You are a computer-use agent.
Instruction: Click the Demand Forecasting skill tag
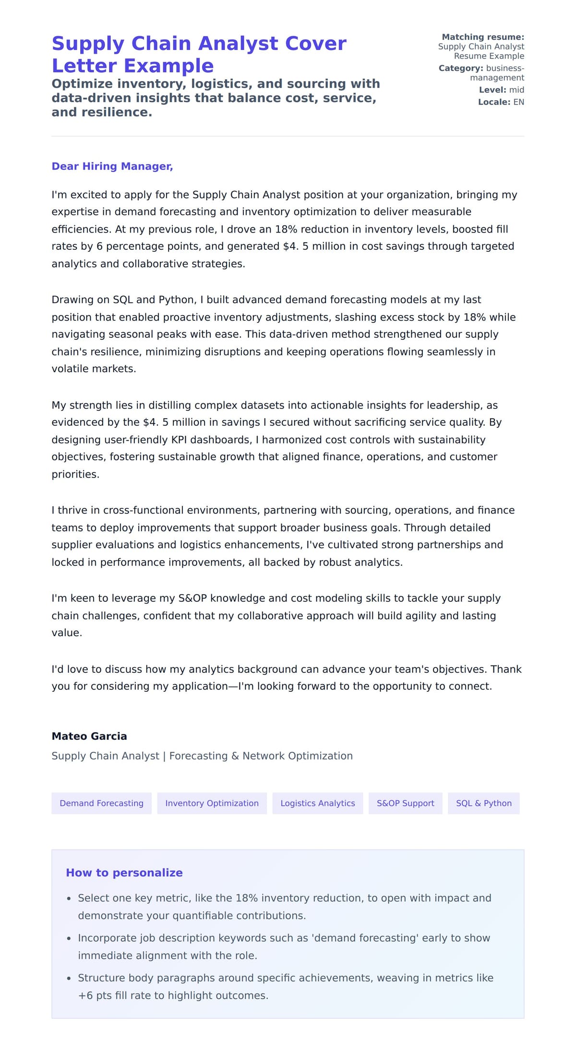click(101, 803)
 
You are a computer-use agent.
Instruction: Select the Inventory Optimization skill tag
click(212, 803)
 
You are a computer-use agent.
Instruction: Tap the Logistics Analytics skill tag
click(317, 803)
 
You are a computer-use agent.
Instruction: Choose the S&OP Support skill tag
click(405, 803)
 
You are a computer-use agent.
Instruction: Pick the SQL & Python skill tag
click(483, 803)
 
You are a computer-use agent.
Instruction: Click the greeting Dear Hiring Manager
click(112, 166)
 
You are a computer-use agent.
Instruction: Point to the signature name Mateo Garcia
click(89, 736)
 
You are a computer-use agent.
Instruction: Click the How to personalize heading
click(124, 873)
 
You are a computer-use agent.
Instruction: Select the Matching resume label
click(482, 37)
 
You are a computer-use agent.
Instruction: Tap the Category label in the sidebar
click(460, 68)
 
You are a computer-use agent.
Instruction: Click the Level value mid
click(516, 90)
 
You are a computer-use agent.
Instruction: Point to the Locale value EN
click(518, 102)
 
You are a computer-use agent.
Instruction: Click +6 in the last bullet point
click(85, 995)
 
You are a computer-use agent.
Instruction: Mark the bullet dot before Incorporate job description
click(69, 938)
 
